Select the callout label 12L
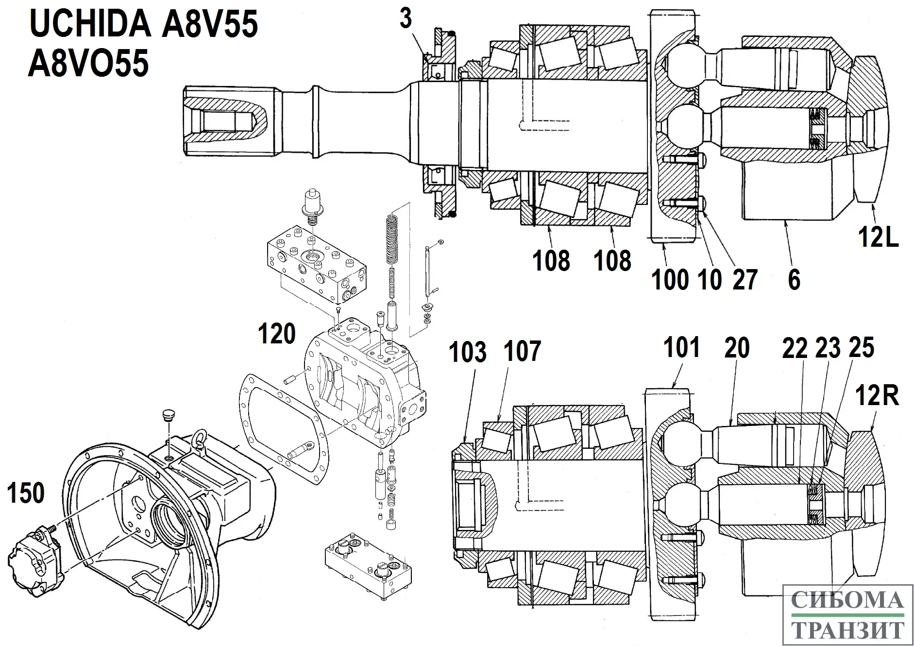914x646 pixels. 878,238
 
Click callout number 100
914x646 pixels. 670,280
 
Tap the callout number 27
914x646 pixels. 745,280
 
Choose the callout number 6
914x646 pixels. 794,280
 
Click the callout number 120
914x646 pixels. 276,334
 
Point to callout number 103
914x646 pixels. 467,352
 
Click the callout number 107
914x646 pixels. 522,351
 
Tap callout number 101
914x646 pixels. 681,347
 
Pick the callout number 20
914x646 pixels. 737,348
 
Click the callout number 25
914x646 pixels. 862,348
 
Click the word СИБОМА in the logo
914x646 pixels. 848,600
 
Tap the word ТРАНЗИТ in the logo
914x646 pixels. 848,630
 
